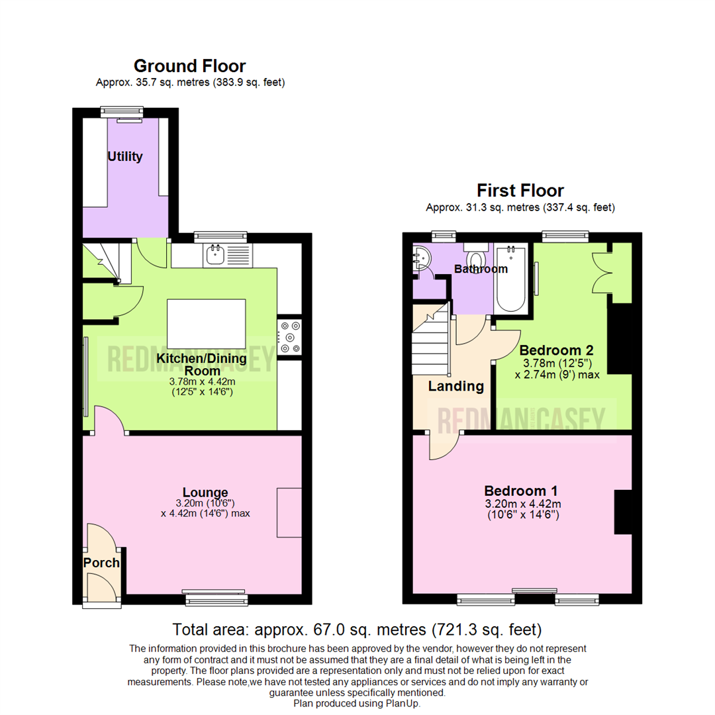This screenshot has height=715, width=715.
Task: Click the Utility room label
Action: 125,157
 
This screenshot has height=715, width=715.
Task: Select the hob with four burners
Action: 290,336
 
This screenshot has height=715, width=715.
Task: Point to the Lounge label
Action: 205,493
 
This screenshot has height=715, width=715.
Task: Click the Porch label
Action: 101,563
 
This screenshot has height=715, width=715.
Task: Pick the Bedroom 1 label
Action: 520,491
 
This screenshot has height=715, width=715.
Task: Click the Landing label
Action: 455,386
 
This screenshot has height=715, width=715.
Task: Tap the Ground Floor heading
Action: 189,66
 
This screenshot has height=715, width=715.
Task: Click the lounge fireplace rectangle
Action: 289,512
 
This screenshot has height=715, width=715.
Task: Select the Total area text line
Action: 357,628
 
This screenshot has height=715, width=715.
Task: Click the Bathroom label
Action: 481,269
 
